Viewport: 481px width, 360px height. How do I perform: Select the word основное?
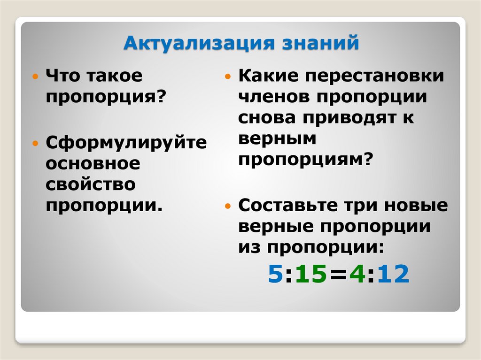[93, 163]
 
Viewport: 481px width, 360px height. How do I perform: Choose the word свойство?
[91, 184]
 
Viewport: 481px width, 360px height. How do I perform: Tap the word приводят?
[349, 117]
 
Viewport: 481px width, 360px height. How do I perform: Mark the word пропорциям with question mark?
[305, 160]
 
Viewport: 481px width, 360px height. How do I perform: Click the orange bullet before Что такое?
[36, 76]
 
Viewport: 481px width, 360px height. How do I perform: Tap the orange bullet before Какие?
[228, 76]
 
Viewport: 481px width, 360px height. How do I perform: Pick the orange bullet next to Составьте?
[228, 206]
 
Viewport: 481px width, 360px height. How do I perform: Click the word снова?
[266, 117]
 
